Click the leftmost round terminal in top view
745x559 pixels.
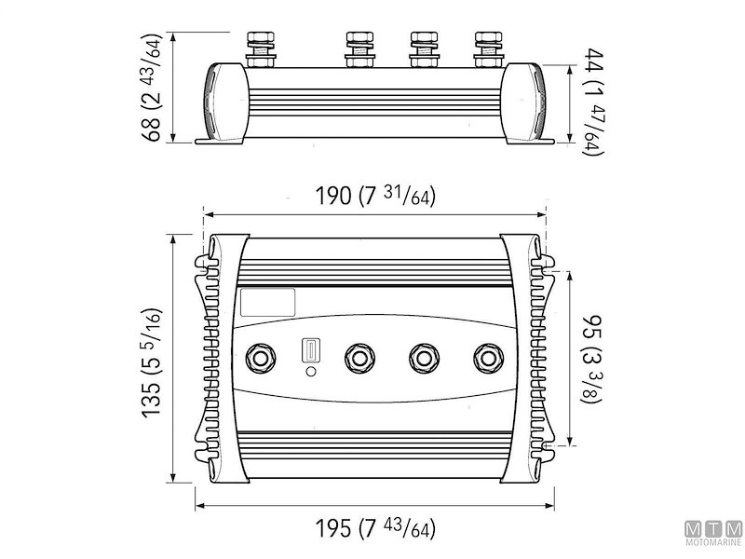[x=260, y=358]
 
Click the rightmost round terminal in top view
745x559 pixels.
[x=487, y=358]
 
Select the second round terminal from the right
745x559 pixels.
[x=424, y=358]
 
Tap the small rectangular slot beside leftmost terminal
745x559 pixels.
[x=309, y=351]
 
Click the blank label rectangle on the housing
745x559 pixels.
[x=267, y=301]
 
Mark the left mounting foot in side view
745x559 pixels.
[x=220, y=141]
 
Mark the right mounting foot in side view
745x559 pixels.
[x=528, y=141]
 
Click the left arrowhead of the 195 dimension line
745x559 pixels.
[x=198, y=509]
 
